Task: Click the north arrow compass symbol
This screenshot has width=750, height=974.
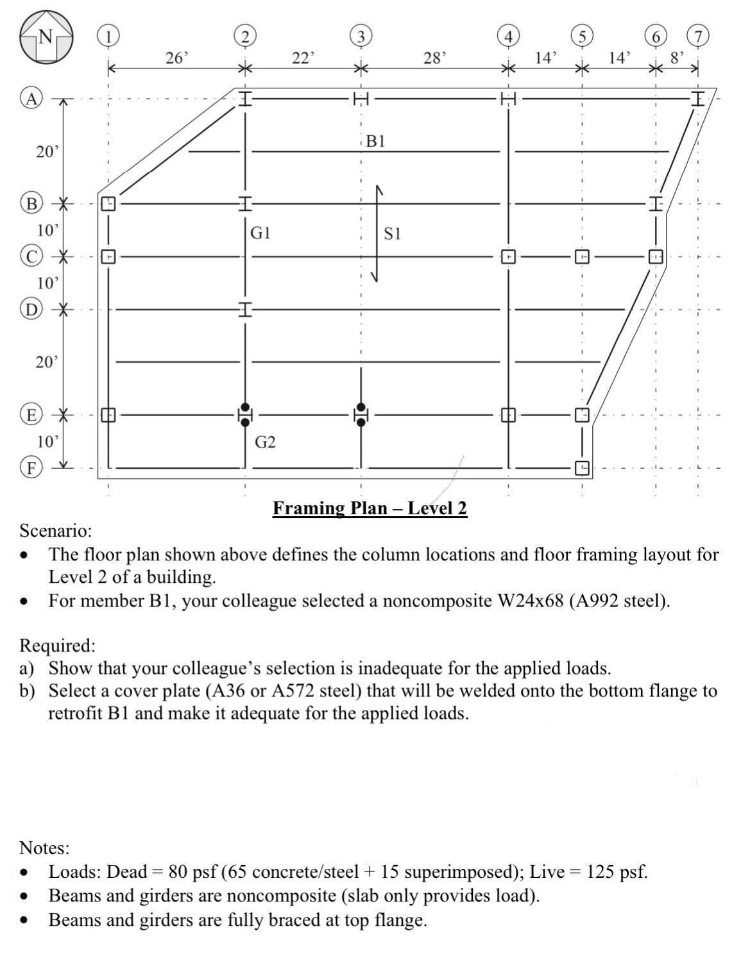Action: (46, 37)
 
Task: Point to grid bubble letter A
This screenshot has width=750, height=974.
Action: (31, 98)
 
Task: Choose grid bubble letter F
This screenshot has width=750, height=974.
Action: (31, 466)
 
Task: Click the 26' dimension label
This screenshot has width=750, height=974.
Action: (176, 58)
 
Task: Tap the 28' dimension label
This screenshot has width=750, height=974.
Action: (434, 58)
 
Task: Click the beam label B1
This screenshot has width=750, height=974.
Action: (375, 141)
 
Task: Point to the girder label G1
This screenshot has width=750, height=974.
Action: (260, 233)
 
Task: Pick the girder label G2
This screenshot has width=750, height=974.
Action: (265, 442)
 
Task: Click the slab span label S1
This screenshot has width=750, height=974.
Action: (392, 234)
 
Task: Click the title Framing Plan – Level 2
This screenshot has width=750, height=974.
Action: (370, 508)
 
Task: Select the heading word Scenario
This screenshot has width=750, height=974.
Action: (56, 531)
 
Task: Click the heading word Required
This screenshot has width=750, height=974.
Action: (58, 645)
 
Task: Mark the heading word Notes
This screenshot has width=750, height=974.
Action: (44, 848)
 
